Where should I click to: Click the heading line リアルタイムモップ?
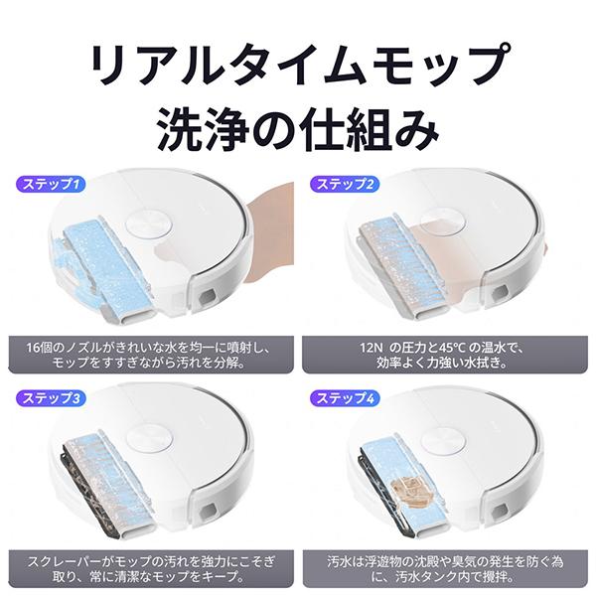(298, 67)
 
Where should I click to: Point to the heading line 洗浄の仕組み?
(298, 127)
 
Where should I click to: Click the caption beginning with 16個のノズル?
(148, 353)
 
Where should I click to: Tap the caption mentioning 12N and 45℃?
(443, 353)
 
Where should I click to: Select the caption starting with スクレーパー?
(148, 567)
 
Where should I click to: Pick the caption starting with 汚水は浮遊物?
(443, 567)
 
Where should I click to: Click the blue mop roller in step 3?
(99, 472)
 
